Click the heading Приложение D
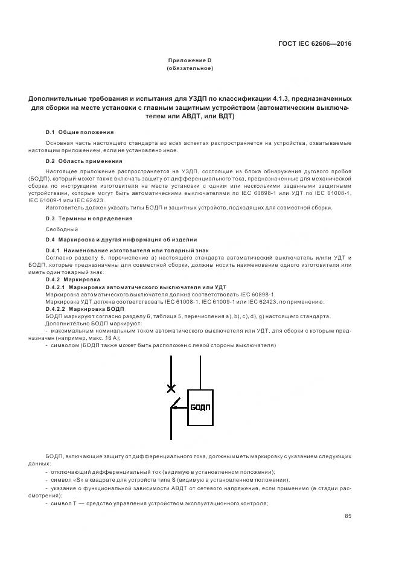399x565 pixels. [190, 60]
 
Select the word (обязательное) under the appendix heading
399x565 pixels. [190, 68]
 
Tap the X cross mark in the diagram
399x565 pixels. [171, 388]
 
